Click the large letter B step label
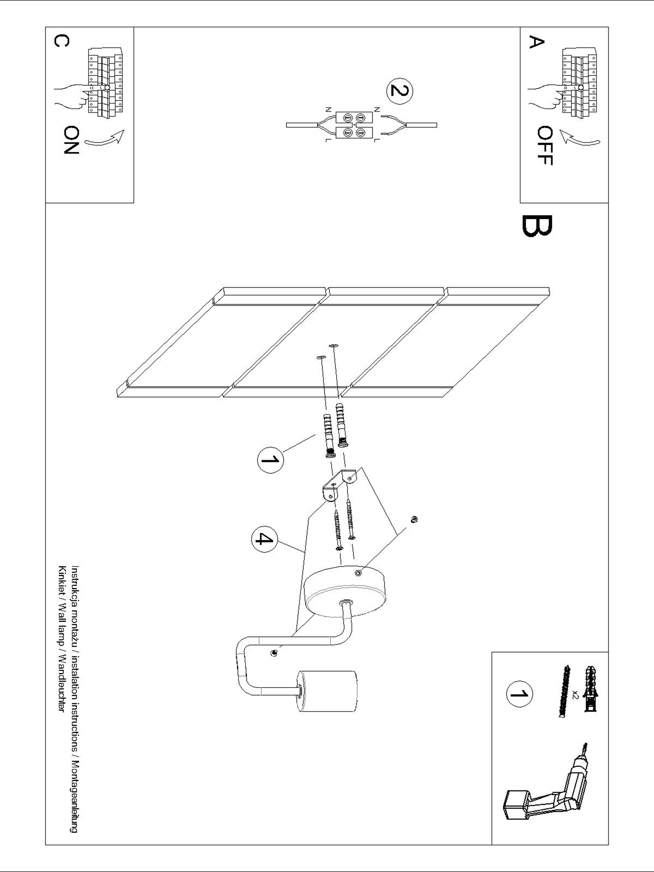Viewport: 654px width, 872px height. [x=536, y=226]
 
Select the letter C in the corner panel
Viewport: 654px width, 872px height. [x=61, y=41]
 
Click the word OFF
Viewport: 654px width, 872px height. [x=545, y=146]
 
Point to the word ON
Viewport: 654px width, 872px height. [x=71, y=140]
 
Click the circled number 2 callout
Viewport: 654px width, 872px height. [x=399, y=91]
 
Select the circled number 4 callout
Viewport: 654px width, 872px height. [x=264, y=539]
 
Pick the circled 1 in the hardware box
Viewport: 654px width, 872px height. [x=519, y=693]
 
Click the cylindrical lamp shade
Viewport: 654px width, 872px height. [x=327, y=691]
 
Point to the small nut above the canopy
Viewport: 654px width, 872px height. [x=415, y=519]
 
